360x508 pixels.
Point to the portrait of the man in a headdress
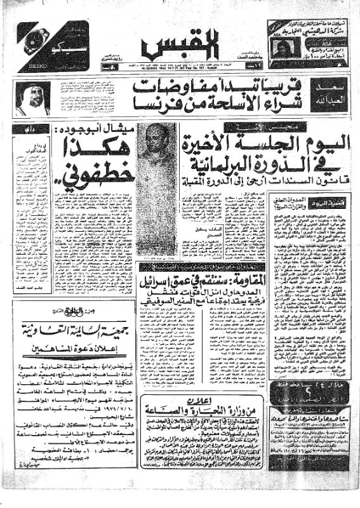pos(32,97)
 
